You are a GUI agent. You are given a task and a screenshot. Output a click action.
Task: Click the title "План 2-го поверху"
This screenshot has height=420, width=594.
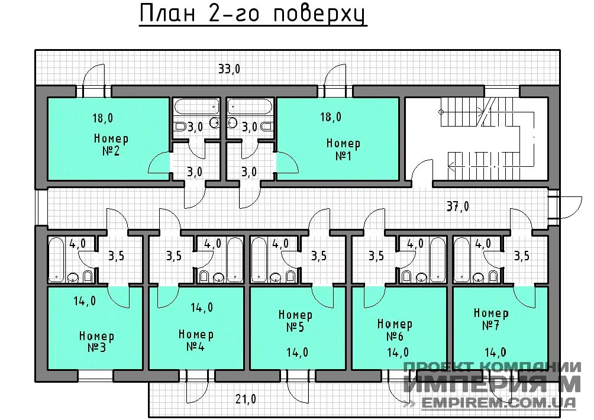(253, 14)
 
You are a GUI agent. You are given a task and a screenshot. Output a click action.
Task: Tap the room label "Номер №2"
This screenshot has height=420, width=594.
(111, 145)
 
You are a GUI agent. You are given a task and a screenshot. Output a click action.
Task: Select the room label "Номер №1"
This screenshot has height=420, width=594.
(343, 150)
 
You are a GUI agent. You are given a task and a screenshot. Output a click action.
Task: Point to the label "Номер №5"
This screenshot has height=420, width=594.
(295, 321)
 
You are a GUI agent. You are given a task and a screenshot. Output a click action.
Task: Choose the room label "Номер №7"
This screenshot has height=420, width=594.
(490, 319)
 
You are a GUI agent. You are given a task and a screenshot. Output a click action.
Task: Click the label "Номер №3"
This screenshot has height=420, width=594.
(96, 341)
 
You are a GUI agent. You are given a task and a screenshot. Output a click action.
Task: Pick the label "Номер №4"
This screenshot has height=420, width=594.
(196, 340)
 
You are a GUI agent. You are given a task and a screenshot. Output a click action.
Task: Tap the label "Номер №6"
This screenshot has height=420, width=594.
(395, 329)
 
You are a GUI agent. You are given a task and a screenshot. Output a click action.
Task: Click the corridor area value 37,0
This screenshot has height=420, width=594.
(457, 206)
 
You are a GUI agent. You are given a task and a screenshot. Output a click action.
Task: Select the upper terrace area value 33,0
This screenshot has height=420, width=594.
(229, 69)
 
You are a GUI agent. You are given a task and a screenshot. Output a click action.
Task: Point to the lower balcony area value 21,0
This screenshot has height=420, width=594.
(246, 399)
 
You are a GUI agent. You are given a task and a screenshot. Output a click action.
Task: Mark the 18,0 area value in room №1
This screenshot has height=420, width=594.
(331, 117)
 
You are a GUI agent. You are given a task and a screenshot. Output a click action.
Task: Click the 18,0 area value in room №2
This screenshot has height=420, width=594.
(102, 118)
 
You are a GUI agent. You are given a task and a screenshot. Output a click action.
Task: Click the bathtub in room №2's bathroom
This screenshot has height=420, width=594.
(195, 107)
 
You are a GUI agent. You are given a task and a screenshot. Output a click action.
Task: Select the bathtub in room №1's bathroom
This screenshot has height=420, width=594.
(250, 107)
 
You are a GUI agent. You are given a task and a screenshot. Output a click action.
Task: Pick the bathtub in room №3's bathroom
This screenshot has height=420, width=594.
(57, 259)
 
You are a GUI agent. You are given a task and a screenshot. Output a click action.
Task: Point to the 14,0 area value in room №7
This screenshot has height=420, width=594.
(495, 353)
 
